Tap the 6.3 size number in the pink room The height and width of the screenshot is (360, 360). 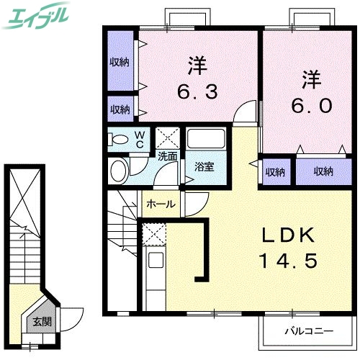[195, 91]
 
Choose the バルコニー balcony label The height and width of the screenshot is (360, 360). [307, 332]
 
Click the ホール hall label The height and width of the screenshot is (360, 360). [161, 204]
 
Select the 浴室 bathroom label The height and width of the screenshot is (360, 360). [204, 167]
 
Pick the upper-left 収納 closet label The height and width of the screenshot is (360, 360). [120, 63]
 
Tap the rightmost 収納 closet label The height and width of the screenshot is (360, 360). [323, 171]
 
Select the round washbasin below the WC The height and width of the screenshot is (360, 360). [119, 170]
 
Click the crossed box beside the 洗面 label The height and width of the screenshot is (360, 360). [168, 137]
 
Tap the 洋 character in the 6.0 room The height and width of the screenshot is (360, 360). [310, 76]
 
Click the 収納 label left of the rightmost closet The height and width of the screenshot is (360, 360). [274, 172]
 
